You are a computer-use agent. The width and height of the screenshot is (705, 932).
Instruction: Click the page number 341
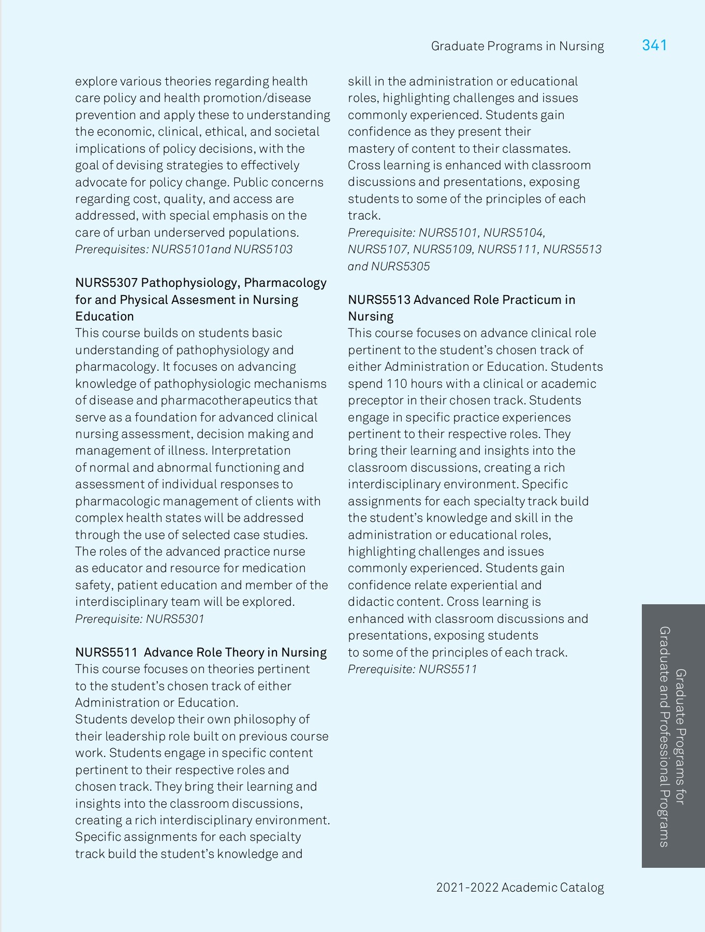[x=654, y=46]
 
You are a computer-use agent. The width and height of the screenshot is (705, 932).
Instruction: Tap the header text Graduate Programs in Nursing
[x=517, y=47]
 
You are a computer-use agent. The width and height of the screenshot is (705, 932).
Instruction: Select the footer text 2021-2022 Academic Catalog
[x=520, y=887]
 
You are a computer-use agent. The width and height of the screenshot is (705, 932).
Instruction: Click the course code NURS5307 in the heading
[x=106, y=283]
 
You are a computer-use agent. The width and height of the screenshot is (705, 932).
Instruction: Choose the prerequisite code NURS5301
[x=175, y=619]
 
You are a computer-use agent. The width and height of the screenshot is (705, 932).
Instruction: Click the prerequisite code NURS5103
[x=263, y=250]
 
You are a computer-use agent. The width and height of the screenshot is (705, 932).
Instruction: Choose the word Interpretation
[x=251, y=451]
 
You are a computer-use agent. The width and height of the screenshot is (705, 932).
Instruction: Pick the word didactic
[x=369, y=602]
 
